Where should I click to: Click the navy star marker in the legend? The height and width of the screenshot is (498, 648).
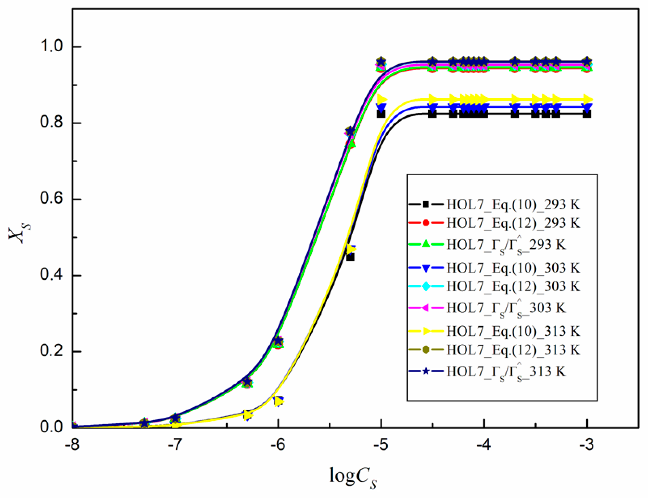426,371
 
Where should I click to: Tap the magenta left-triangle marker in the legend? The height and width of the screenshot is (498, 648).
426,308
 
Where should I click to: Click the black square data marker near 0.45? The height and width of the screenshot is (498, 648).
350,257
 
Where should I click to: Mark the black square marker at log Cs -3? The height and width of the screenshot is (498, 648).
587,114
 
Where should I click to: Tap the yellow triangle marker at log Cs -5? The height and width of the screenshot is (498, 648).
382,99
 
